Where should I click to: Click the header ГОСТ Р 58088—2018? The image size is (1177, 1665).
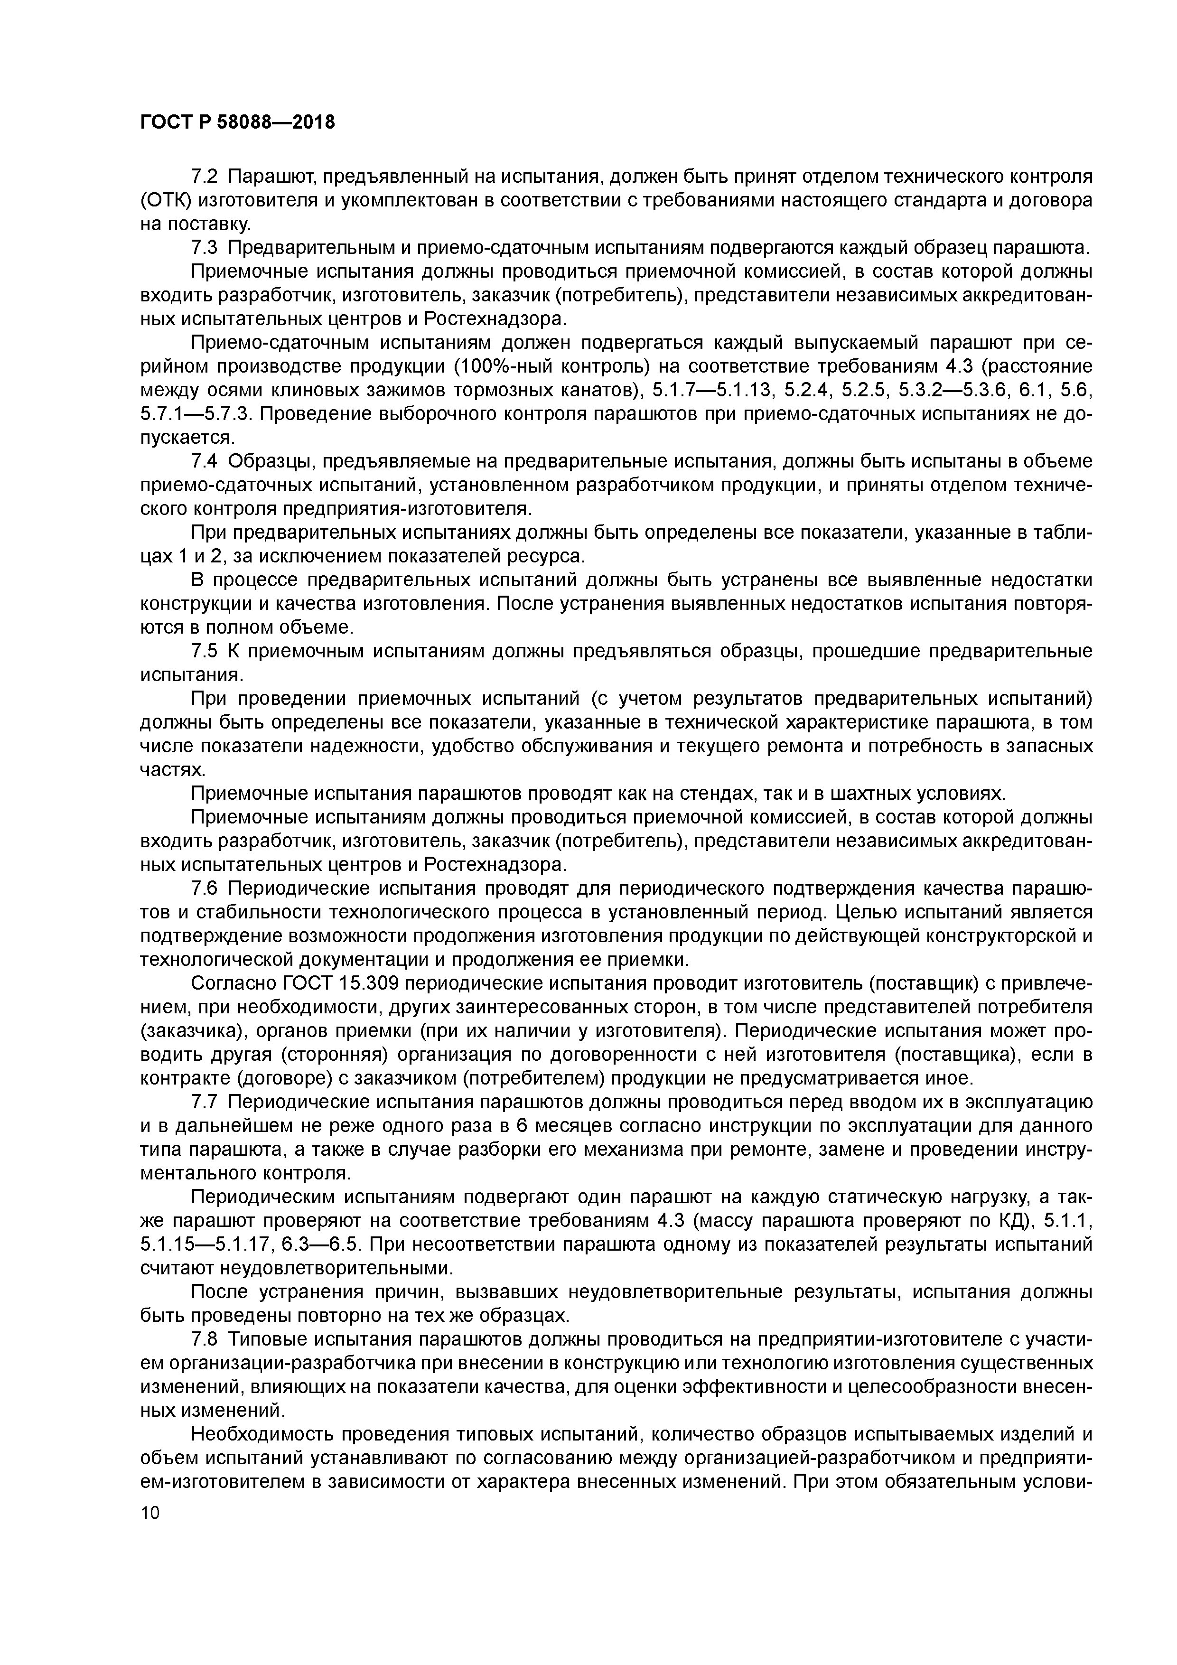click(x=237, y=122)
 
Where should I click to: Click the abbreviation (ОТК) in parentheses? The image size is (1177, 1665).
click(x=164, y=200)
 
